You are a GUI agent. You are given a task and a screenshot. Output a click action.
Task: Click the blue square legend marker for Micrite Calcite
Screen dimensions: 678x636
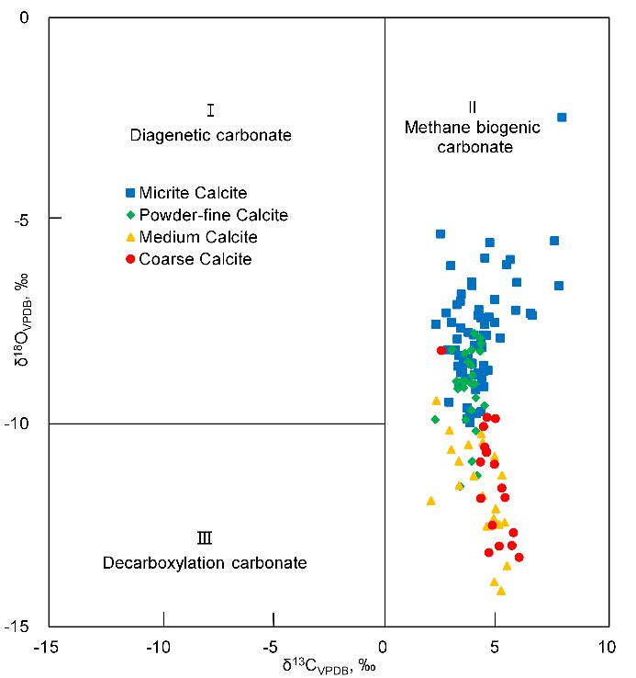pos(130,193)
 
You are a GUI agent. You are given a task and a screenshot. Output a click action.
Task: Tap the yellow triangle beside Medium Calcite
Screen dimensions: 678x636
pos(130,238)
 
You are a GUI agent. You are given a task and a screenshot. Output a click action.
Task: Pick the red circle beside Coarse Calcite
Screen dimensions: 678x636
pos(130,260)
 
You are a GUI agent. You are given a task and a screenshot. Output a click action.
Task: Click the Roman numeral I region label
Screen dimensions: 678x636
pos(210,111)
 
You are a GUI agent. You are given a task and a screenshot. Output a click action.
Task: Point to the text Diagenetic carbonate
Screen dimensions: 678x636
pos(210,135)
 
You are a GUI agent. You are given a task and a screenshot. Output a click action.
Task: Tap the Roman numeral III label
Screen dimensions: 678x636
pos(205,538)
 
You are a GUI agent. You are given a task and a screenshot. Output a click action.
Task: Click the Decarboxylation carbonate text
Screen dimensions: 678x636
pos(205,562)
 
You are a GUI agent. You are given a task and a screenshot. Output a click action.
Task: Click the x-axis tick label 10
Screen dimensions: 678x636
pos(606,648)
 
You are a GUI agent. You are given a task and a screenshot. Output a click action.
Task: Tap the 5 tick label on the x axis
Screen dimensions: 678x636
pos(496,648)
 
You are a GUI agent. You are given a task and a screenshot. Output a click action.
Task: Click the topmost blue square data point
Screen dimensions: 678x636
pos(562,118)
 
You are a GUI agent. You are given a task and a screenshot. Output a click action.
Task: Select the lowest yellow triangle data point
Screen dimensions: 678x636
pos(501,591)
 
